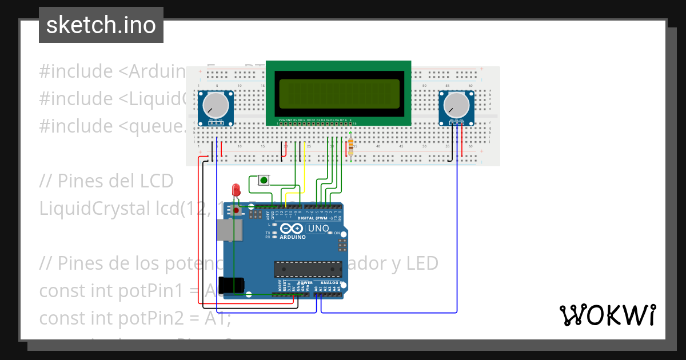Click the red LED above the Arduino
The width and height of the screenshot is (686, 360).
[235, 190]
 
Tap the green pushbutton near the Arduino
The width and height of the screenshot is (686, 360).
[264, 181]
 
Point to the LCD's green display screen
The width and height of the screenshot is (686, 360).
[339, 97]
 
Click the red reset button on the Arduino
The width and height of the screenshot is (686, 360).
[236, 211]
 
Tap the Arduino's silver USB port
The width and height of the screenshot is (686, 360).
[229, 230]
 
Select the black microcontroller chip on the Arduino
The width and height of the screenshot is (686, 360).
[304, 269]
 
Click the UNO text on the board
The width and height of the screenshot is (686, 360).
[318, 229]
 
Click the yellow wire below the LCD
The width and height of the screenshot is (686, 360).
[304, 166]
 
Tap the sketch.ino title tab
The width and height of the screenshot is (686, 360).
[101, 25]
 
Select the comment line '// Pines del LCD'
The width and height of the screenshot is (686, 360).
[106, 181]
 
